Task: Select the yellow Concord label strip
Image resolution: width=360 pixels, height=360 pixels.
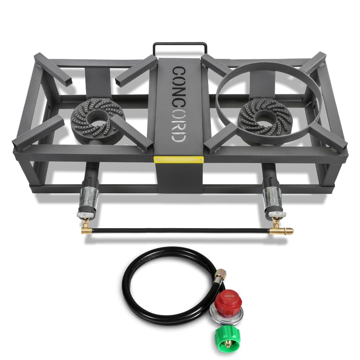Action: coord(179,159)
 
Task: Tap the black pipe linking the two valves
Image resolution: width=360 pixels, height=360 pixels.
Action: coord(180,229)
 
